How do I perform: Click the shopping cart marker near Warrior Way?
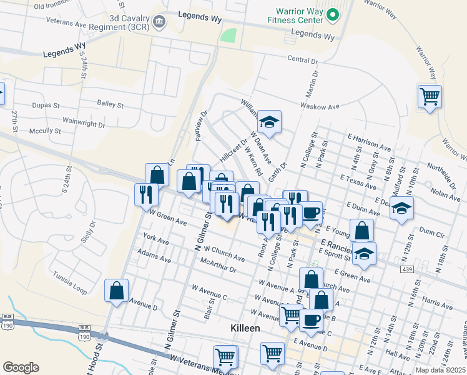[x=430, y=97]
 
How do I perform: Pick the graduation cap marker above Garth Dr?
[x=270, y=122]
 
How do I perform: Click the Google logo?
[x=21, y=367]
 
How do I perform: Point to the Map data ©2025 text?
[x=440, y=370]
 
